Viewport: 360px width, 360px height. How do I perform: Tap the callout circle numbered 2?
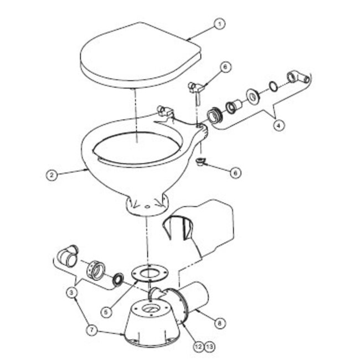52,174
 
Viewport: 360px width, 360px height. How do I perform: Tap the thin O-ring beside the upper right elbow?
273,86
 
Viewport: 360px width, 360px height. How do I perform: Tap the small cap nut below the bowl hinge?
202,162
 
